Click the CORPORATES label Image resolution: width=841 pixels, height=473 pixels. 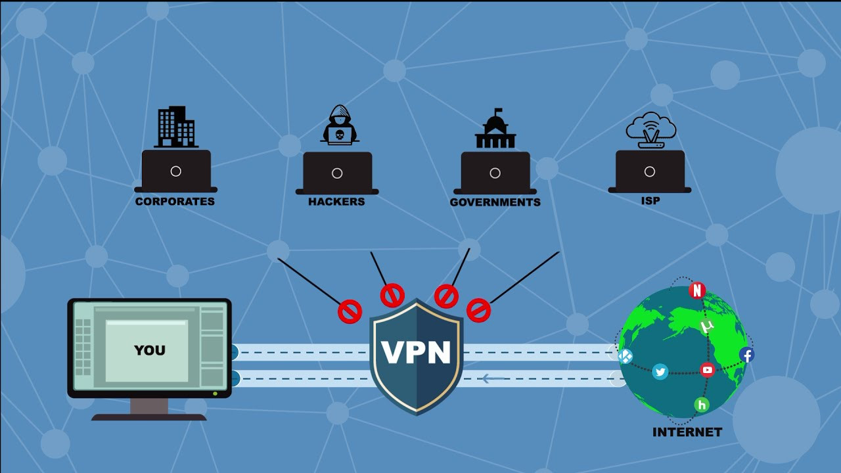point(175,202)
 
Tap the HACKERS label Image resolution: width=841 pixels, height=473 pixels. point(336,202)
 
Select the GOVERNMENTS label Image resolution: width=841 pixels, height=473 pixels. point(495,202)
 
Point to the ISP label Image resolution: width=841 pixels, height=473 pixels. point(650,201)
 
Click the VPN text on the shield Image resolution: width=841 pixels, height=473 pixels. point(417,353)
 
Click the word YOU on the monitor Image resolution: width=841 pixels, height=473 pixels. point(150,350)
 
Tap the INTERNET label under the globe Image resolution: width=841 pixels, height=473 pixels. point(687,432)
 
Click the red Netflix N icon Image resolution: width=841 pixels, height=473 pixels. point(697,290)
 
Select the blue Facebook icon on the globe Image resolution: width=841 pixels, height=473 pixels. point(746,355)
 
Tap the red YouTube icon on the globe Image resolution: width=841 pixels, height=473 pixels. point(708,370)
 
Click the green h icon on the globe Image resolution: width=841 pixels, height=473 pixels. point(702,405)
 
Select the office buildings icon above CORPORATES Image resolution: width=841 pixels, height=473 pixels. point(176,127)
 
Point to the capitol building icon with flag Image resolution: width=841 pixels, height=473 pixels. point(495,129)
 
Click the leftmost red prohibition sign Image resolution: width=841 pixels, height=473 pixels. point(350,311)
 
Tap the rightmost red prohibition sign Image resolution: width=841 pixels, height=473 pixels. point(478,310)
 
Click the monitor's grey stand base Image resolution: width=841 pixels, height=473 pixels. point(149,417)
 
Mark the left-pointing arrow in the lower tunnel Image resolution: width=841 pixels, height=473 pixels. point(493,378)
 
